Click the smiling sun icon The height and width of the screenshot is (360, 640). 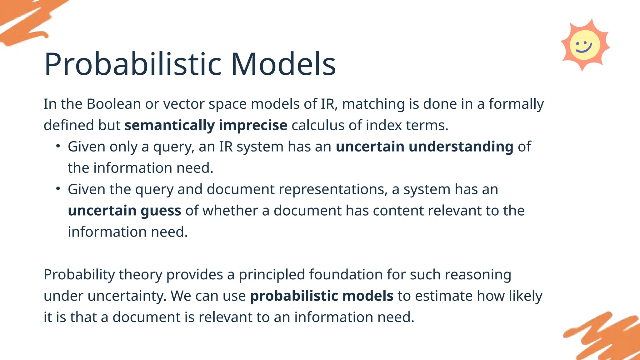click(585, 45)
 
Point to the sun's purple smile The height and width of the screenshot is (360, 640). click(584, 49)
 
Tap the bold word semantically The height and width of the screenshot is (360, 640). click(169, 126)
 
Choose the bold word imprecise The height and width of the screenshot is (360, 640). click(253, 126)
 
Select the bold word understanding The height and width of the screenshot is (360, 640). click(461, 147)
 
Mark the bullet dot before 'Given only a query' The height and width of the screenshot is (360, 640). click(58, 146)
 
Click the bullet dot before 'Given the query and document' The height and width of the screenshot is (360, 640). click(58, 189)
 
